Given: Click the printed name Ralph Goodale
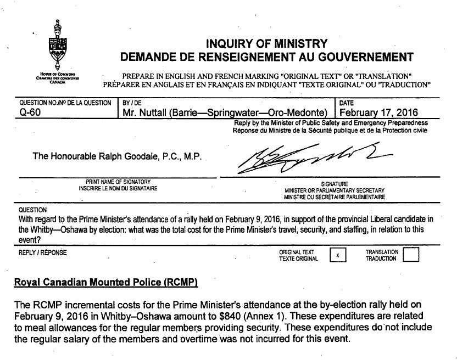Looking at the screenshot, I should [117, 156].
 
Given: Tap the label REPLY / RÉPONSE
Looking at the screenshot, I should [42, 253].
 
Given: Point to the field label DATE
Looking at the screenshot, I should [347, 103].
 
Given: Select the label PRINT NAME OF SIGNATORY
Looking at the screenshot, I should [118, 182].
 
